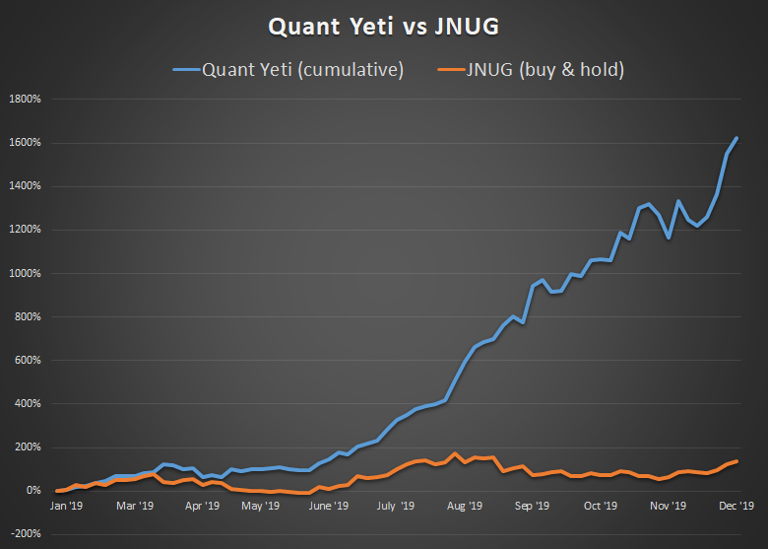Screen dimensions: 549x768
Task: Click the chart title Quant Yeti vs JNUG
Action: point(384,27)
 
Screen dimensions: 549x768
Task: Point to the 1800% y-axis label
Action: point(25,100)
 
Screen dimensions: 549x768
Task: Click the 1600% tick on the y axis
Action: point(25,143)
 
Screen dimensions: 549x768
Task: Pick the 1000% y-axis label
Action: point(25,273)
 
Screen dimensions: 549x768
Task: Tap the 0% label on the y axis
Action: point(32,490)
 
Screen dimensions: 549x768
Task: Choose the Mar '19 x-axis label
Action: point(135,506)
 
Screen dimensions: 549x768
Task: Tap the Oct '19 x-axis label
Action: point(600,506)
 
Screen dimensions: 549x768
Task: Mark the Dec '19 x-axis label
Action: point(736,506)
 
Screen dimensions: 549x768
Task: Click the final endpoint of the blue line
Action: point(736,138)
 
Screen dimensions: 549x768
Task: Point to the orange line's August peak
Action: point(455,453)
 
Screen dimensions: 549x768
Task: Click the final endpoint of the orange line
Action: point(736,461)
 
